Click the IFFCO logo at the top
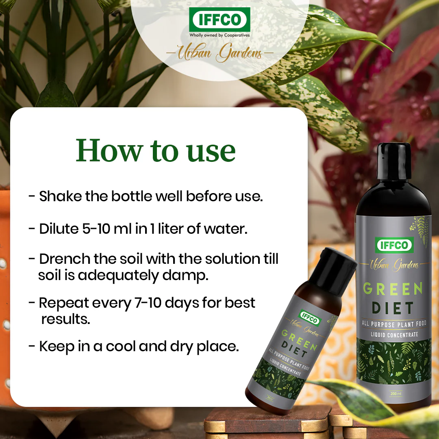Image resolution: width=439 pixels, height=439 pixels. click(x=219, y=19)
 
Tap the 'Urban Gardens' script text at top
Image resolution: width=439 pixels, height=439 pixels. click(x=220, y=53)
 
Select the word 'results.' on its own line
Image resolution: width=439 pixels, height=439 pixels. click(x=65, y=319)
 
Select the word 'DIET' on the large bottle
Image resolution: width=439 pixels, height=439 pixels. click(x=393, y=308)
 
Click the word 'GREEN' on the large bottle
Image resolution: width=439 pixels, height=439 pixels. click(x=393, y=289)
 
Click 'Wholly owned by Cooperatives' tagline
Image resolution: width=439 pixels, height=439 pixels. click(x=219, y=35)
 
